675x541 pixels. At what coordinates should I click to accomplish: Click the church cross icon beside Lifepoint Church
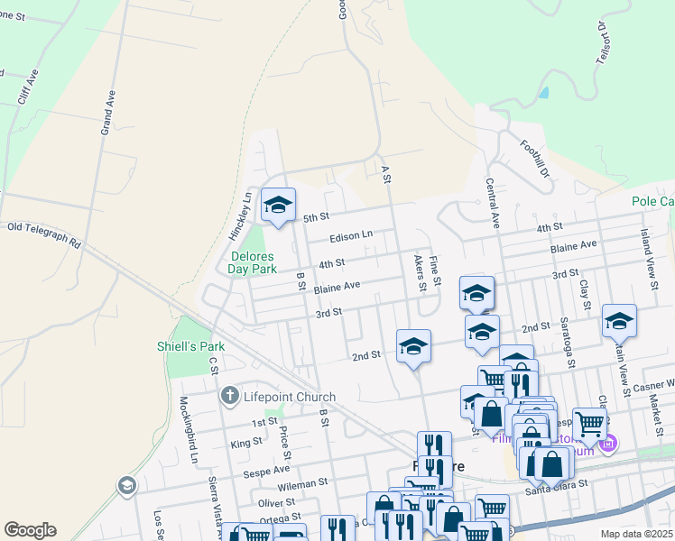(x=229, y=397)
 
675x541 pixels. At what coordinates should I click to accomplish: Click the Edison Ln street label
(x=351, y=235)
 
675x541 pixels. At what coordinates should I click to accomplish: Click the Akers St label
(x=420, y=271)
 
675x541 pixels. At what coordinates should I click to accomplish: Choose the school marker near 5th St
(x=278, y=206)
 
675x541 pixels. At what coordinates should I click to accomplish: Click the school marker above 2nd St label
(x=413, y=345)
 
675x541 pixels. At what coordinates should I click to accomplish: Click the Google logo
(x=30, y=530)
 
